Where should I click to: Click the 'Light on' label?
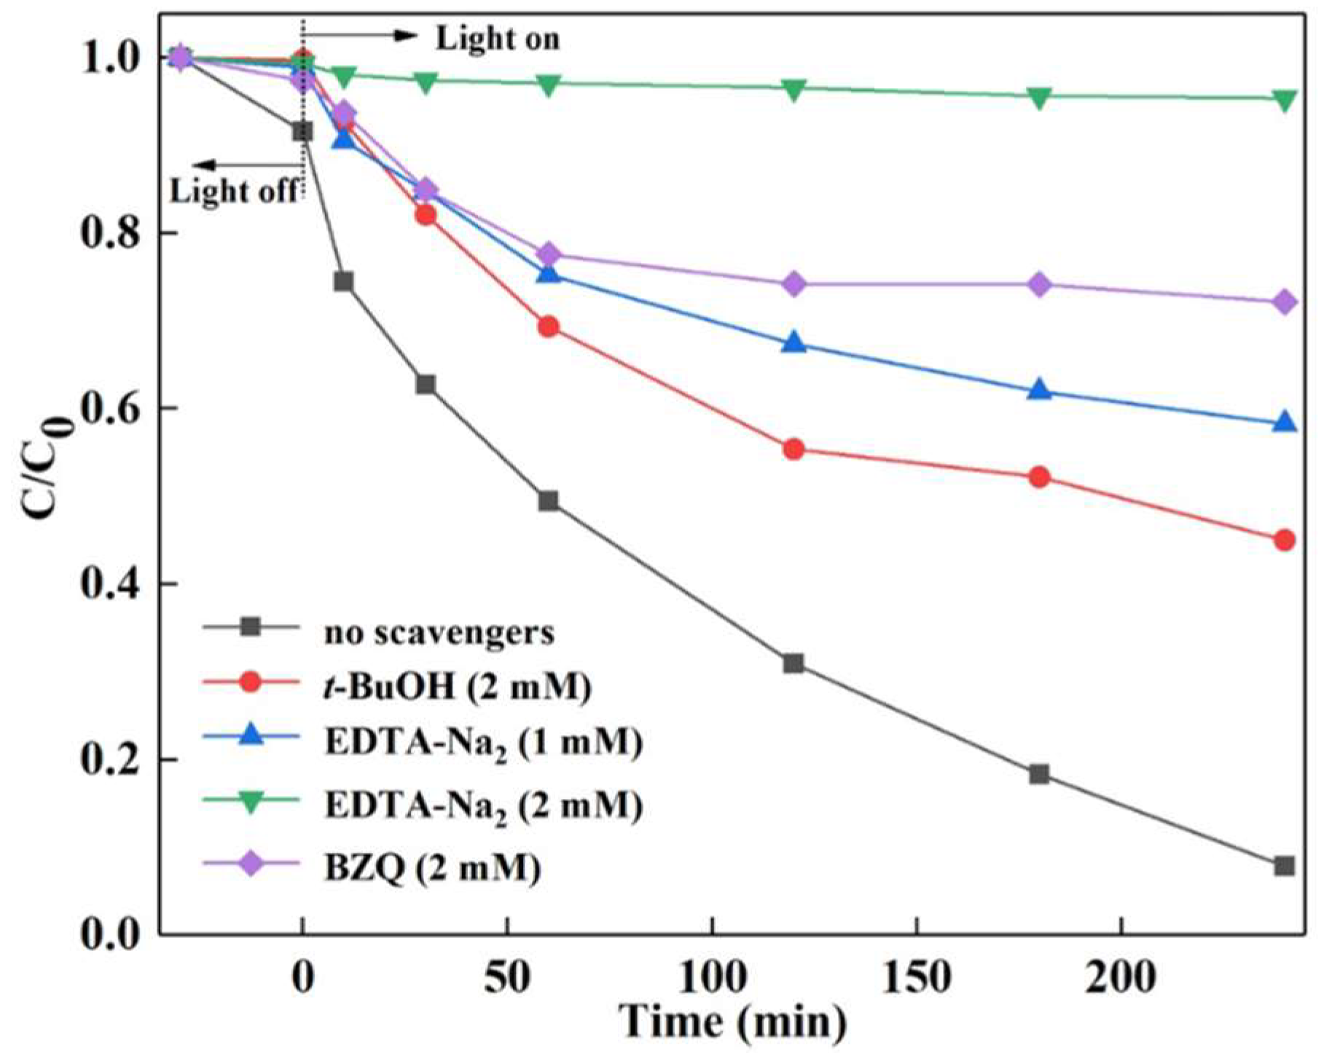point(498,39)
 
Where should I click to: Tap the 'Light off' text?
point(234,191)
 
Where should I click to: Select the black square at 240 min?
point(1284,866)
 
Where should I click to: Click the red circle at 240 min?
point(1284,540)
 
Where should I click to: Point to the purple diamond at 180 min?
point(1040,285)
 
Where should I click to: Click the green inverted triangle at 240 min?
point(1284,99)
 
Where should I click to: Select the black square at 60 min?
point(548,501)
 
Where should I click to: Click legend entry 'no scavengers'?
point(439,632)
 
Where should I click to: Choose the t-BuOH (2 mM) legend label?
point(457,686)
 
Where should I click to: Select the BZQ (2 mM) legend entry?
point(432,867)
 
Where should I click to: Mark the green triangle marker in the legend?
point(251,803)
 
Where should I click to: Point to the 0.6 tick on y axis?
point(112,409)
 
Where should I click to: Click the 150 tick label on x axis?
point(916,978)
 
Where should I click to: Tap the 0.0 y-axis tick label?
point(112,934)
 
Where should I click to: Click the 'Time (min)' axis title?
point(732,1022)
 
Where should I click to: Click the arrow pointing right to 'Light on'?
point(361,35)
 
